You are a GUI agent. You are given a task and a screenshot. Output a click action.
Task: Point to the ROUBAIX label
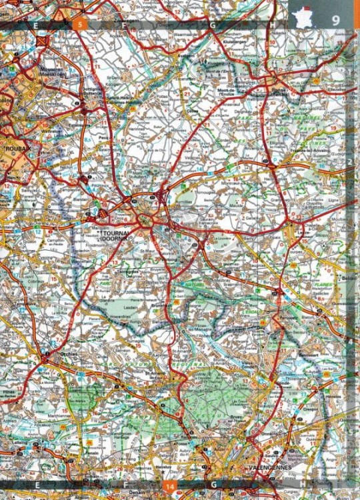click(x=15, y=148)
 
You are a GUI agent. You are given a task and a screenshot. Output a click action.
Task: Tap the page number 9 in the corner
click(x=336, y=19)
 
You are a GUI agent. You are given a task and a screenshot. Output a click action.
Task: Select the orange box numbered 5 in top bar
click(x=80, y=25)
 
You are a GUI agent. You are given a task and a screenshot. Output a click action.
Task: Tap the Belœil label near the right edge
click(x=349, y=275)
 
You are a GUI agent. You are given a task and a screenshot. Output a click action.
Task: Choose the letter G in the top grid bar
click(x=213, y=25)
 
